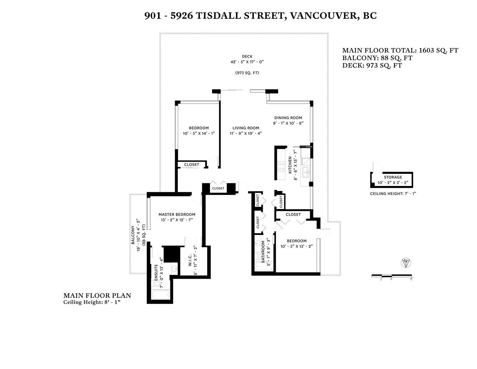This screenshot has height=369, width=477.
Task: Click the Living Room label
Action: point(246,128)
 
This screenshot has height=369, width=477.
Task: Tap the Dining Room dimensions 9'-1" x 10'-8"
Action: point(288,123)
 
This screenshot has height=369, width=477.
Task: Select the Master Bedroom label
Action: point(177,214)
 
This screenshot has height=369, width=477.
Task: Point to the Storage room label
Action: point(393,177)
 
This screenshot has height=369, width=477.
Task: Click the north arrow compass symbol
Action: point(406,263)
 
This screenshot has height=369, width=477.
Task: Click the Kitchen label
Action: point(290,165)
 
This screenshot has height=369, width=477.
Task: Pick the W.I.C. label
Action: point(190,261)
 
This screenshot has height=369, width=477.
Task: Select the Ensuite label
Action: point(156,273)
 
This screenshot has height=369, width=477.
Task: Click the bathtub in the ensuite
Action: point(161,294)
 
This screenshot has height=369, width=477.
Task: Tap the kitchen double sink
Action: point(306,173)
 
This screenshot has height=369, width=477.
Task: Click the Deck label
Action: point(247,57)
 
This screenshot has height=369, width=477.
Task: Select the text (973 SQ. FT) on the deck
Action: point(247,73)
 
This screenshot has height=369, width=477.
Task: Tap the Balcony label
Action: point(133,235)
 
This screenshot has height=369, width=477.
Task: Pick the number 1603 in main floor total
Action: point(427,50)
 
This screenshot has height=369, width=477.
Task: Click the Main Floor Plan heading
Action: point(97,296)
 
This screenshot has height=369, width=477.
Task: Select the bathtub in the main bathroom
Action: point(263,266)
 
